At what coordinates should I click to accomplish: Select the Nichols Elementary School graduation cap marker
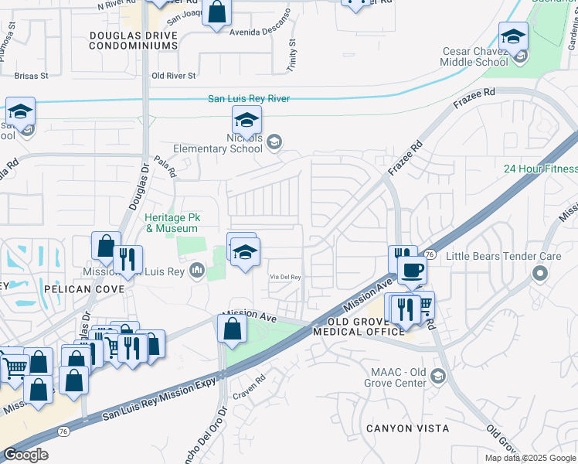[x=246, y=121]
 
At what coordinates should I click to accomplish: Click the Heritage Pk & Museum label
[x=172, y=223]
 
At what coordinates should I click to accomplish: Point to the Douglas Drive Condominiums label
[x=133, y=41]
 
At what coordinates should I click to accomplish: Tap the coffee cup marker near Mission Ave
[x=412, y=271]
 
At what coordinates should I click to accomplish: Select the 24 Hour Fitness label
[x=540, y=169]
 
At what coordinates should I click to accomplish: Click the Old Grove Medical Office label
[x=359, y=326]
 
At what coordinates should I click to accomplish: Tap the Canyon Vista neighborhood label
[x=406, y=428]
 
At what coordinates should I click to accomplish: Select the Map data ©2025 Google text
[x=530, y=458]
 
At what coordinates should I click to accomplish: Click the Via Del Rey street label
[x=285, y=278]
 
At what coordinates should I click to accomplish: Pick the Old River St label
[x=174, y=76]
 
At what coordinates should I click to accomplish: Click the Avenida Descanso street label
[x=259, y=32]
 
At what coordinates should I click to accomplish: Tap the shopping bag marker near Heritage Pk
[x=106, y=247]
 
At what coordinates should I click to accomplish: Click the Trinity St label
[x=292, y=53]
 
